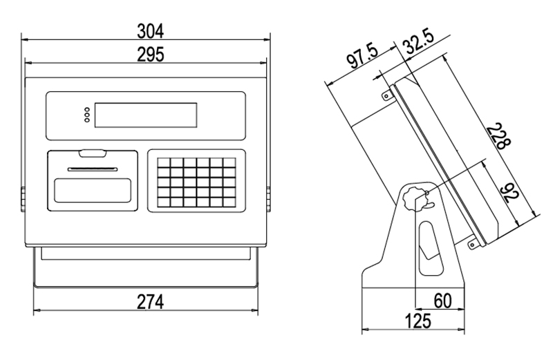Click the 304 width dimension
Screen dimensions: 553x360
(x=150, y=31)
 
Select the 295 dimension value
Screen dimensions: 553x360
(x=150, y=55)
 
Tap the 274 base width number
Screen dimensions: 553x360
(x=150, y=302)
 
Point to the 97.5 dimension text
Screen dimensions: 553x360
(x=362, y=56)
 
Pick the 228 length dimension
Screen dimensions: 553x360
(x=498, y=136)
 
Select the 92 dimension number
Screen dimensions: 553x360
(x=509, y=193)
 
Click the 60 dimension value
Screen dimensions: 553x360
(x=442, y=301)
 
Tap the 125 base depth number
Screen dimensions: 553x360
(x=418, y=321)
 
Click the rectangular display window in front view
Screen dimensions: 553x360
(x=146, y=115)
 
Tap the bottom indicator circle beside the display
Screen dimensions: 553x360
(x=87, y=120)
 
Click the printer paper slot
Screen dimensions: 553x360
(x=93, y=169)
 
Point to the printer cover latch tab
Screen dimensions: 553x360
(x=93, y=153)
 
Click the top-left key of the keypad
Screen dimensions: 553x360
(x=164, y=162)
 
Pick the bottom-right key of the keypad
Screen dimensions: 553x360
(x=229, y=202)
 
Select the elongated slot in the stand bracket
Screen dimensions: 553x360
(x=430, y=248)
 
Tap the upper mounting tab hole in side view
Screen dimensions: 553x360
(x=386, y=96)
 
